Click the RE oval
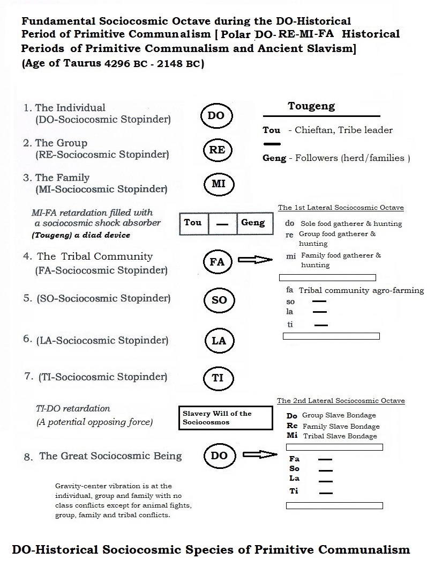click(217, 150)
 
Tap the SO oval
click(219, 300)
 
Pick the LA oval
click(219, 341)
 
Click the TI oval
click(218, 377)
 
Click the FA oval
click(217, 262)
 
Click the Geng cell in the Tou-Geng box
click(253, 223)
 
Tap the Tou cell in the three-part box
click(193, 223)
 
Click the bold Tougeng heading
click(311, 106)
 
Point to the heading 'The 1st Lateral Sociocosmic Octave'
click(341, 208)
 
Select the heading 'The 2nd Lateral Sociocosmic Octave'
click(341, 401)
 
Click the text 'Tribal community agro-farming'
click(361, 290)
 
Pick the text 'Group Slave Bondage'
click(339, 415)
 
